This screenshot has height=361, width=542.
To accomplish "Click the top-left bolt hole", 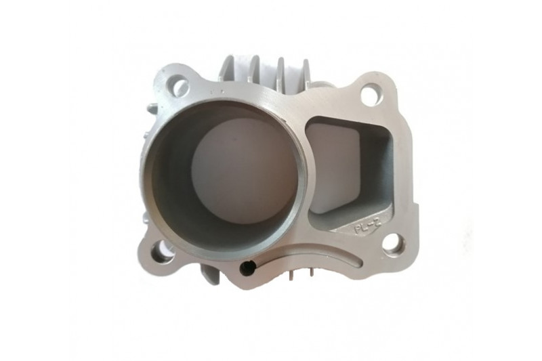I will [180, 86].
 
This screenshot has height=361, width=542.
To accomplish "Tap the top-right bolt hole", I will [371, 93].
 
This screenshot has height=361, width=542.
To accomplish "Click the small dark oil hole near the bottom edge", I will [247, 269].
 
